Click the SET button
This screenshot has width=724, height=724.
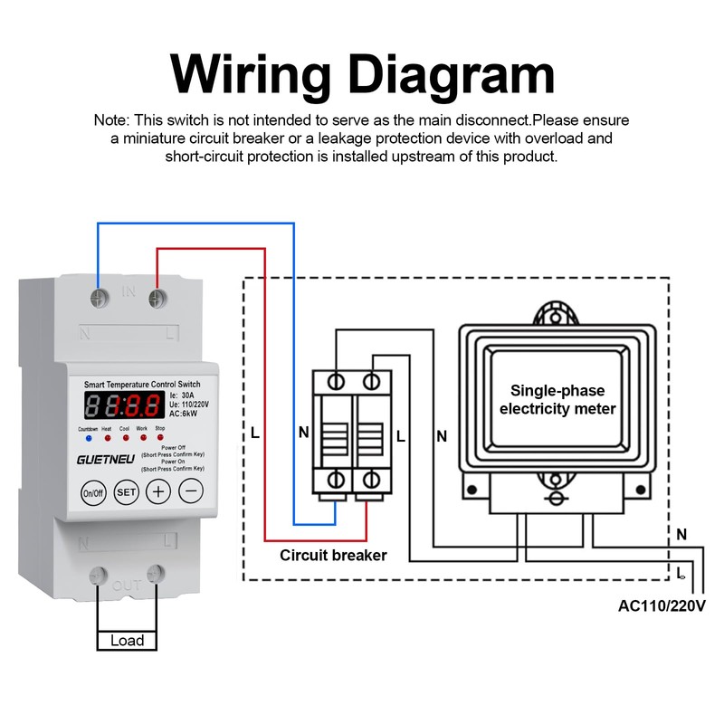pyautogui.click(x=126, y=493)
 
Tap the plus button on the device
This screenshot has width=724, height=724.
pyautogui.click(x=158, y=492)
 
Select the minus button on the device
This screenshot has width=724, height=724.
pyautogui.click(x=190, y=492)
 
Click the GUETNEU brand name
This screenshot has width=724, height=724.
pyautogui.click(x=106, y=459)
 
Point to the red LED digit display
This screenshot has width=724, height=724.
pyautogui.click(x=125, y=404)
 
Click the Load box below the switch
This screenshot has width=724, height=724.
pyautogui.click(x=127, y=640)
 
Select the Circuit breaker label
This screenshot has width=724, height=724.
pyautogui.click(x=333, y=555)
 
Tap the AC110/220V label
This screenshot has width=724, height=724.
pyautogui.click(x=661, y=605)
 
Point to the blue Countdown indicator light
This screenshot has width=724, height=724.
pyautogui.click(x=88, y=438)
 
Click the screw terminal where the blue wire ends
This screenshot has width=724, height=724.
pyautogui.click(x=97, y=295)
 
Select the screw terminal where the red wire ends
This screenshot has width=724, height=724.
pyautogui.click(x=157, y=296)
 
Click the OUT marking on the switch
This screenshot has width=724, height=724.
pyautogui.click(x=127, y=586)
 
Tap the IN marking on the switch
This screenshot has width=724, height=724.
pyautogui.click(x=128, y=292)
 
